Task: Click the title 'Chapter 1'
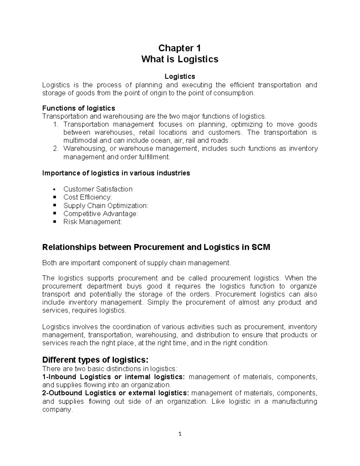tap(179, 48)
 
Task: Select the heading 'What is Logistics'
tap(179, 59)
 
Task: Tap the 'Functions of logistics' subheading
tap(79, 108)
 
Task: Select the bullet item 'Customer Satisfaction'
tap(98, 189)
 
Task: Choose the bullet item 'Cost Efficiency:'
tap(87, 197)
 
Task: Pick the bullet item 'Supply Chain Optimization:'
tap(106, 206)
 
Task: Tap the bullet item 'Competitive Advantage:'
tap(100, 214)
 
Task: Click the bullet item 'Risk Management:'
tap(93, 222)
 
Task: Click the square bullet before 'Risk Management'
tap(54, 222)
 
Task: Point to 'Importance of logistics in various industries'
tap(116, 173)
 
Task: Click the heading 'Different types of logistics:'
tap(95, 359)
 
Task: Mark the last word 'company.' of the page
tap(58, 410)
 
